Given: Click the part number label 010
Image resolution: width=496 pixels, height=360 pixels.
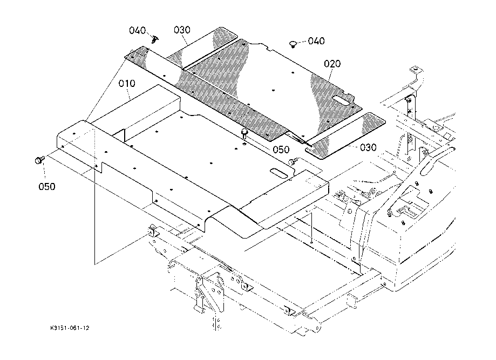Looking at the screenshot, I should coord(127,84).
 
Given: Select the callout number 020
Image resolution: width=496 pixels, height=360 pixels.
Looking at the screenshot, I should coord(332,64).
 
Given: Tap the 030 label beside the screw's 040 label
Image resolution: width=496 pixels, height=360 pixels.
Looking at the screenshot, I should coord(182,30).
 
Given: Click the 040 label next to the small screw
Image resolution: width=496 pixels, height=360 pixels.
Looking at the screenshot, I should coord(138,30).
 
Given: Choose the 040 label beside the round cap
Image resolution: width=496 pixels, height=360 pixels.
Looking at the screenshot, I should coord(316,41).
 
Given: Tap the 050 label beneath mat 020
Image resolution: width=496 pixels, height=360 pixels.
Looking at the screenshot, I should coord(281,150).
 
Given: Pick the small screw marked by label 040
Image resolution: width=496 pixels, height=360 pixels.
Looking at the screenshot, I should coord(155,39).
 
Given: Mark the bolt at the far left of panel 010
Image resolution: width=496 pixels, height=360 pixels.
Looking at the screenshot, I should coord(39,160).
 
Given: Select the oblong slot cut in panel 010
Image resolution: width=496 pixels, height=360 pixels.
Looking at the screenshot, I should coord(281,173).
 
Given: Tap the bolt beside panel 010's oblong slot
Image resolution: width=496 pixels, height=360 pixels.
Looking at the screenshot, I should coord(293,161).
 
